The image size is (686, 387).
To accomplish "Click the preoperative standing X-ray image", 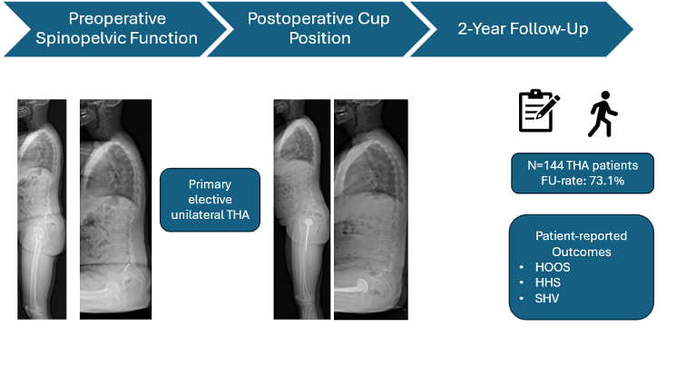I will pos(41,209).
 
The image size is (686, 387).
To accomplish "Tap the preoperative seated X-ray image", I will pos(114,209).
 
